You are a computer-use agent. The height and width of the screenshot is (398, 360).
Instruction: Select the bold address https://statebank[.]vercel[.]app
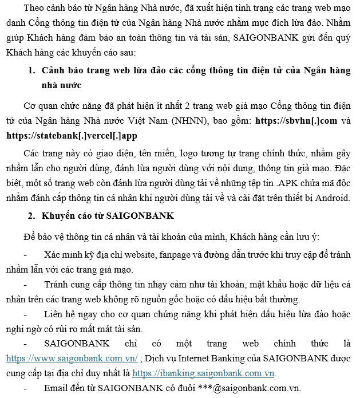pos(73,136)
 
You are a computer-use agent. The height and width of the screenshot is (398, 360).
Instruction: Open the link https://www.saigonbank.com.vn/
pos(72,358)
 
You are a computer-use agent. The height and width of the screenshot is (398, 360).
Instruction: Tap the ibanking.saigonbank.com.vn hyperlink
pos(203,373)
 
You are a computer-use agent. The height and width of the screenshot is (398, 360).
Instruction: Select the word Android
pos(329,198)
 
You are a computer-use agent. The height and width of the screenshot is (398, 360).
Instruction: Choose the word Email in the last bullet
pos(57,388)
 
